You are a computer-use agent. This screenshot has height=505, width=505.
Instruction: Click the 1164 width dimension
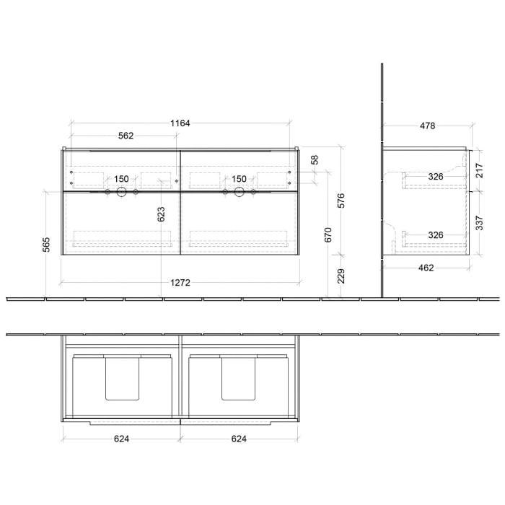[180, 123]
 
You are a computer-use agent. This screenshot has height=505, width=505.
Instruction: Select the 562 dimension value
[126, 136]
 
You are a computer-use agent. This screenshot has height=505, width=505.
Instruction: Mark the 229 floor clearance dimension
[341, 276]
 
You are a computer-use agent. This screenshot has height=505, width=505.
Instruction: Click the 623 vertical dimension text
[161, 214]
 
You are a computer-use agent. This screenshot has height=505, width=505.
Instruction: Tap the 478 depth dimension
[427, 126]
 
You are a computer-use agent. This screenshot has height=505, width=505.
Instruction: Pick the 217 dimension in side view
[480, 171]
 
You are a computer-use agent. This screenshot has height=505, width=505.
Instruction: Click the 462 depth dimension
[426, 268]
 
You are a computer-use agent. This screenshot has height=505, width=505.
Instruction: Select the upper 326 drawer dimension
[435, 176]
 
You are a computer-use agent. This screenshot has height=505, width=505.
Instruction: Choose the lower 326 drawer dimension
[435, 234]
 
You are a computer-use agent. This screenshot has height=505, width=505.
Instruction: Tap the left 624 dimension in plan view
[121, 438]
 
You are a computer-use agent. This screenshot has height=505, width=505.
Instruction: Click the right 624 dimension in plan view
[238, 438]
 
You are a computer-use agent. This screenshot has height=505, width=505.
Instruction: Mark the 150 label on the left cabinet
[121, 179]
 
